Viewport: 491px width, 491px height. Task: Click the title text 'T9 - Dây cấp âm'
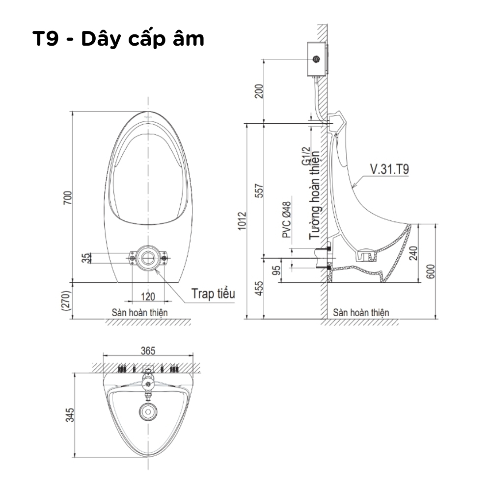click(x=118, y=39)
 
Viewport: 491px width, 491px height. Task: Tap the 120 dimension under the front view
click(x=148, y=296)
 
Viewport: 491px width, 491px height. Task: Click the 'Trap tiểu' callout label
click(x=213, y=294)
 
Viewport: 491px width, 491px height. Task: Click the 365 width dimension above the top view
click(x=148, y=351)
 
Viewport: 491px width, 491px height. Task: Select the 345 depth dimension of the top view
click(x=70, y=414)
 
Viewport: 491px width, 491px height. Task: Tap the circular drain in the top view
click(x=147, y=413)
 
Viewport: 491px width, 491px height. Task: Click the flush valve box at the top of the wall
click(x=317, y=60)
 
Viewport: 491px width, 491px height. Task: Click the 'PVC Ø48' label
click(x=286, y=220)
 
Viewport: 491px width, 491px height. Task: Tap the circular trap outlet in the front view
click(x=147, y=257)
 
